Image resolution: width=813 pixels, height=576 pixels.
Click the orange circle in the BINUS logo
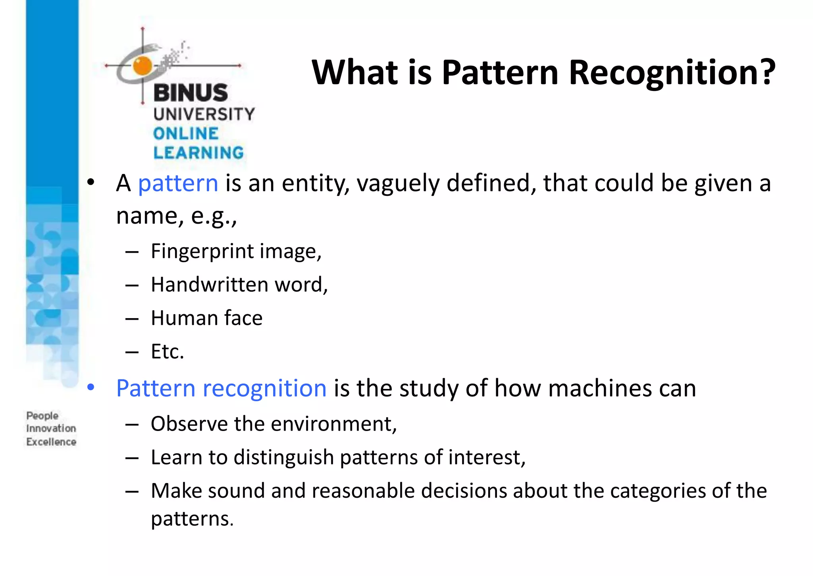coord(143,66)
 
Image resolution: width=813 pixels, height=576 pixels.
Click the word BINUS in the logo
coord(191,93)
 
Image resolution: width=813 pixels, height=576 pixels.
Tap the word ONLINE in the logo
coord(186,134)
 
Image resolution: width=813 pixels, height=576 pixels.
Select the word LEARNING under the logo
coord(198,153)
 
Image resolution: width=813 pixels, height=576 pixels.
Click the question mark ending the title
coord(766,72)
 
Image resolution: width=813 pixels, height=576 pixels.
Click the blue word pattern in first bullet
coord(178,184)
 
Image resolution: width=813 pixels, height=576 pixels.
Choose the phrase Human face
coord(206,318)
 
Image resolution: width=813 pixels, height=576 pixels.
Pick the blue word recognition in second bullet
coord(264,388)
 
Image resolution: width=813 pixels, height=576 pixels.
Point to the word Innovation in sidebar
coord(51,429)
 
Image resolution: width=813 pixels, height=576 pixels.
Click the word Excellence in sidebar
coord(51,442)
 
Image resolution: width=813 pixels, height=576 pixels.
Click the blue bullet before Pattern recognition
coord(91,387)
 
